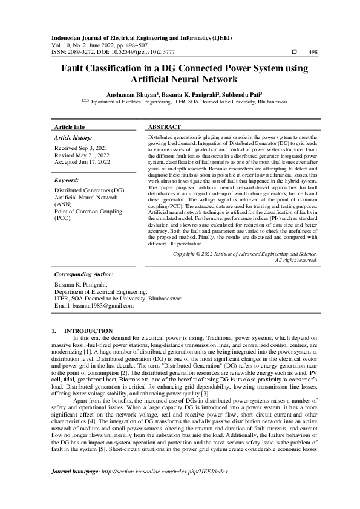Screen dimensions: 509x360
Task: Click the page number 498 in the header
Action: pyautogui.click(x=313, y=52)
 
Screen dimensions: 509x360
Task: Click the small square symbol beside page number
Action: pyautogui.click(x=294, y=52)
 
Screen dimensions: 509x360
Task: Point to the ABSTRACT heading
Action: pyautogui.click(x=164, y=127)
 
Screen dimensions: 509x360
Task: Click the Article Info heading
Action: pyautogui.click(x=70, y=127)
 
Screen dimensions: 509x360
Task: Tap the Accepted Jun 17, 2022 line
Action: pyautogui.click(x=82, y=162)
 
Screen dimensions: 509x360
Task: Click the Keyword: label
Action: pyautogui.click(x=67, y=180)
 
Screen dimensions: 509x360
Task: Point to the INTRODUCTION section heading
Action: pyautogui.click(x=88, y=331)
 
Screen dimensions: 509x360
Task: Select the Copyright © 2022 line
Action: pyautogui.click(x=245, y=271)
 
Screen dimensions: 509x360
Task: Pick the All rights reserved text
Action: pyautogui.click(x=296, y=277)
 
